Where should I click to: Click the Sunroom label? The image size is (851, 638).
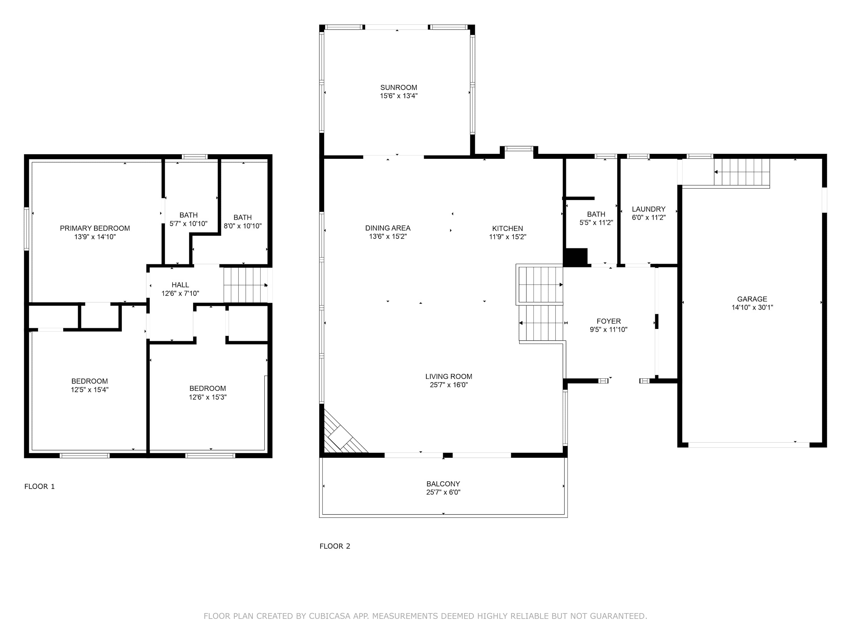pyautogui.click(x=399, y=87)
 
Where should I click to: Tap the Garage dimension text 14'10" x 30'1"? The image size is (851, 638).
pyautogui.click(x=752, y=307)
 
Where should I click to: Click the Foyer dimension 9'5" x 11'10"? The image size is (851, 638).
pyautogui.click(x=609, y=329)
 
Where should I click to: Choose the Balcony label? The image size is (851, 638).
pyautogui.click(x=443, y=484)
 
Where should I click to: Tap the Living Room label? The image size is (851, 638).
pyautogui.click(x=448, y=377)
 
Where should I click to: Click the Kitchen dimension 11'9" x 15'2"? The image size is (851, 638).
pyautogui.click(x=507, y=237)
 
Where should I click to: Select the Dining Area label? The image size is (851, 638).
pyautogui.click(x=388, y=228)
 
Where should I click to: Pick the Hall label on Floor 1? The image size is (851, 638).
pyautogui.click(x=180, y=285)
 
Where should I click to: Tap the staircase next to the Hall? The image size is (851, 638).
pyautogui.click(x=245, y=285)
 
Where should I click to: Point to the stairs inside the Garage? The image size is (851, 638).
pyautogui.click(x=742, y=172)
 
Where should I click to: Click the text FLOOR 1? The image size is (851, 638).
pyautogui.click(x=40, y=487)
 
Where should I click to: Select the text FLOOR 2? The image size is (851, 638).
pyautogui.click(x=335, y=546)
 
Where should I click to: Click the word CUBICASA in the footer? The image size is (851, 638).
pyautogui.click(x=330, y=616)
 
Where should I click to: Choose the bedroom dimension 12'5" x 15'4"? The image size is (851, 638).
pyautogui.click(x=90, y=390)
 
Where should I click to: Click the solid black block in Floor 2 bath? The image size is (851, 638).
pyautogui.click(x=576, y=257)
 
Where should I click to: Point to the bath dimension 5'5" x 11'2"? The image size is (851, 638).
pyautogui.click(x=596, y=223)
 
